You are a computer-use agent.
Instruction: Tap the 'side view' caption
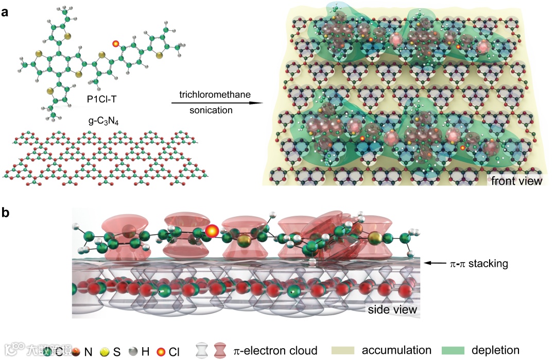pos(391,310)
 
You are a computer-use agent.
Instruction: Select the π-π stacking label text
pos(481,264)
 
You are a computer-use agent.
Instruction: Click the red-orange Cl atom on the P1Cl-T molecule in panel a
pos(116,44)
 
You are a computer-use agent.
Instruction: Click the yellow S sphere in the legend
pos(105,352)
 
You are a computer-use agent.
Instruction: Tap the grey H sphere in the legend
pos(133,352)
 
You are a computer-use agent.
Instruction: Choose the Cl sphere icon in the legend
pos(161,352)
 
